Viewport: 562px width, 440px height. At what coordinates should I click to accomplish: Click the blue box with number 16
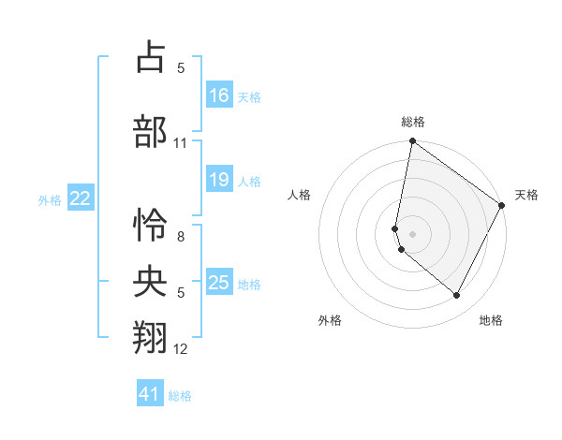tap(219, 95)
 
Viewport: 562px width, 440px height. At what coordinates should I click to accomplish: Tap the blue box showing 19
tap(219, 180)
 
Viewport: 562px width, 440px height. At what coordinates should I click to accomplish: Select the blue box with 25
tap(219, 283)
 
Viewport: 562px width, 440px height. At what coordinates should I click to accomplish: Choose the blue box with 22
tap(81, 198)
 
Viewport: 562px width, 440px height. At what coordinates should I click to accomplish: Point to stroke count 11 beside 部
tap(181, 143)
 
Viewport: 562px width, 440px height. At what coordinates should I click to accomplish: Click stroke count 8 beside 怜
tap(180, 238)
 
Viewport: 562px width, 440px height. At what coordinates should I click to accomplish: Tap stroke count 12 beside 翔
tap(181, 350)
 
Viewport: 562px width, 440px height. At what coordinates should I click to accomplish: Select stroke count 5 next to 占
tap(180, 68)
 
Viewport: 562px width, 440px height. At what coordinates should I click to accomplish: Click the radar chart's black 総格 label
tap(413, 122)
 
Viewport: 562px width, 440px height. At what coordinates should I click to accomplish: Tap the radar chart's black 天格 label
tap(526, 196)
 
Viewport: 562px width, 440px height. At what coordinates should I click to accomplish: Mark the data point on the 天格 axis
tap(502, 205)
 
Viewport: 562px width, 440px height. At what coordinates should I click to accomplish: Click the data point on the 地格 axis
tap(457, 296)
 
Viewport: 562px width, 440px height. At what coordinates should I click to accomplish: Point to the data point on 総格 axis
tap(412, 142)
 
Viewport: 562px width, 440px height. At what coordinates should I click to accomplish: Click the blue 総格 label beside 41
tap(180, 396)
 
